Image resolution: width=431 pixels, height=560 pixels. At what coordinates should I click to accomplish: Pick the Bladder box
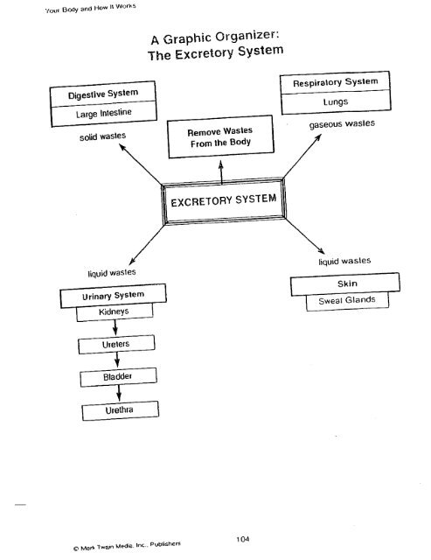[117, 378]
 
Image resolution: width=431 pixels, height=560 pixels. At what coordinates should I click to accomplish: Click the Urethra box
[117, 410]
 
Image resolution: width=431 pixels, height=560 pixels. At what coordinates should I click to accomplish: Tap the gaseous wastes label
[347, 125]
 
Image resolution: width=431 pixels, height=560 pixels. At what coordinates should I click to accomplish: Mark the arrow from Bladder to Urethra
[116, 394]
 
